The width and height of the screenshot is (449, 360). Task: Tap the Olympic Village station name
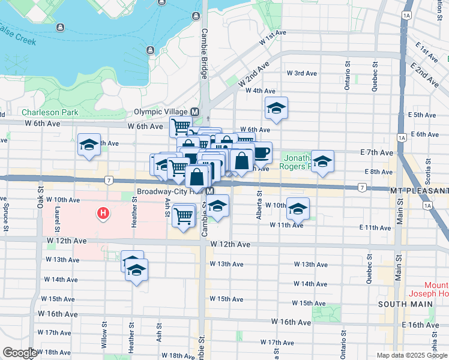pyautogui.click(x=160, y=112)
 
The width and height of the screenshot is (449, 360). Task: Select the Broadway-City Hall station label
pyautogui.click(x=170, y=191)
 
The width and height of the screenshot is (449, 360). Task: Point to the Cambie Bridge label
pyautogui.click(x=204, y=54)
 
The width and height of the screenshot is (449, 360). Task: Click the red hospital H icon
pyautogui.click(x=104, y=212)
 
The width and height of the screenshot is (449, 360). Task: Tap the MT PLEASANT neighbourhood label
pyautogui.click(x=418, y=191)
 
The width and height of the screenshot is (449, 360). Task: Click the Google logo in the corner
pyautogui.click(x=19, y=353)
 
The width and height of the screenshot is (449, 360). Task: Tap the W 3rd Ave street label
pyautogui.click(x=301, y=73)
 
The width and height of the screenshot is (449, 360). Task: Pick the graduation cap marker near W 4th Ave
pyautogui.click(x=277, y=108)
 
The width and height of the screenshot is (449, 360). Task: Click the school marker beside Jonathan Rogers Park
pyautogui.click(x=322, y=161)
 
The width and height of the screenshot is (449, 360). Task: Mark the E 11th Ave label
pyautogui.click(x=375, y=227)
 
